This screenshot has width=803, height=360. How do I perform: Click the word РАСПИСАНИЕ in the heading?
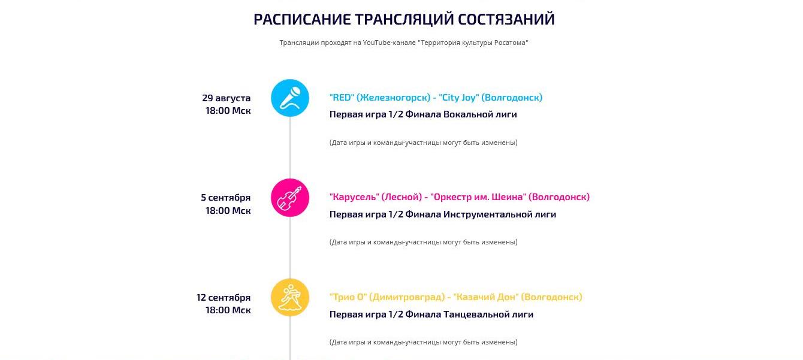click(x=302, y=19)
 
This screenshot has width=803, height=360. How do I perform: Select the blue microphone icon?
click(x=290, y=98)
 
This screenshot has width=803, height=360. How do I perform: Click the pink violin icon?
click(x=290, y=198)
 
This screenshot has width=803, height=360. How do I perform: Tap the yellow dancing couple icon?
click(x=290, y=297)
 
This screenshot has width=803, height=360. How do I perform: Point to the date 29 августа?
click(x=226, y=98)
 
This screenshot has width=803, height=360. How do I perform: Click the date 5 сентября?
click(x=226, y=198)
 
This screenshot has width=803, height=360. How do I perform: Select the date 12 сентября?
click(x=224, y=297)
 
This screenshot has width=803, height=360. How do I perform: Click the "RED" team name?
click(x=342, y=98)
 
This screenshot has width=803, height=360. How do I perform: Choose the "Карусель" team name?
click(x=354, y=197)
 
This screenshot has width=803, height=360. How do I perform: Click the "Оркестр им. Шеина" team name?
click(x=478, y=197)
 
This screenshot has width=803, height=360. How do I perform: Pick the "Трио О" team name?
click(x=348, y=297)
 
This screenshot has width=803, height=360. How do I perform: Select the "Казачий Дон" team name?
click(x=486, y=297)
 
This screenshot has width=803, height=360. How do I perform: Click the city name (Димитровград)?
click(x=407, y=297)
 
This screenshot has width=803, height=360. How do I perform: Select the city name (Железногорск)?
click(x=393, y=98)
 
